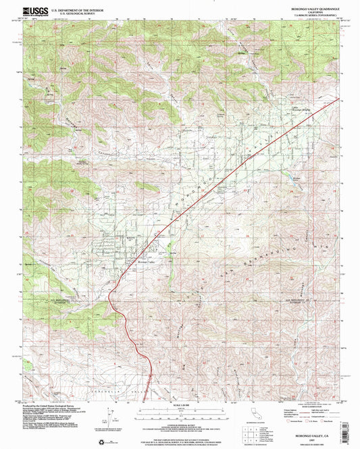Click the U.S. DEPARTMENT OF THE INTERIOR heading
(74, 9)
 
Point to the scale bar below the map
(180, 407)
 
